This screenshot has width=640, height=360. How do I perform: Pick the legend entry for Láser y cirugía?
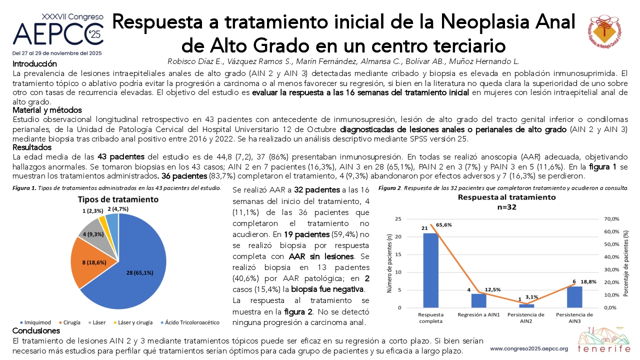[x=133, y=322]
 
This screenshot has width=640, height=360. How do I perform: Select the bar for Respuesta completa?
[x=430, y=270]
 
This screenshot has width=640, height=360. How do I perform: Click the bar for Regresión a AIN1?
[x=478, y=300]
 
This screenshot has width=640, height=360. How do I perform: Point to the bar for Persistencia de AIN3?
[x=574, y=297]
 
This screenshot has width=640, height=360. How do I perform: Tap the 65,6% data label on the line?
[x=444, y=225]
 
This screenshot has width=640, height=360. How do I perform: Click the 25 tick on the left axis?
[x=398, y=219]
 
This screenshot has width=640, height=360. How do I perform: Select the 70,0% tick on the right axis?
[x=611, y=219]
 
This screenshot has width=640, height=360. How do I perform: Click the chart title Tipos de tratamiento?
[x=118, y=199]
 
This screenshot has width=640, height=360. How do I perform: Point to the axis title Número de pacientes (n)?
[x=389, y=263]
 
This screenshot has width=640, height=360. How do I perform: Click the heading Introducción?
[x=34, y=63]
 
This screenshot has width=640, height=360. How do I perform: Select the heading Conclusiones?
[x=36, y=331]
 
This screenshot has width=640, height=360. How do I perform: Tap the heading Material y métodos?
[x=47, y=110]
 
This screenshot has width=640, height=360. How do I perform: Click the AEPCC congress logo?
[x=57, y=34]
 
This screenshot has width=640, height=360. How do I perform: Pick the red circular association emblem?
[x=604, y=31]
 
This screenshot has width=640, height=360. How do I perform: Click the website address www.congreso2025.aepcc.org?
[x=529, y=349]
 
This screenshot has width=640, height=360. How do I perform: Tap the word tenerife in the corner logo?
[x=604, y=349]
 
